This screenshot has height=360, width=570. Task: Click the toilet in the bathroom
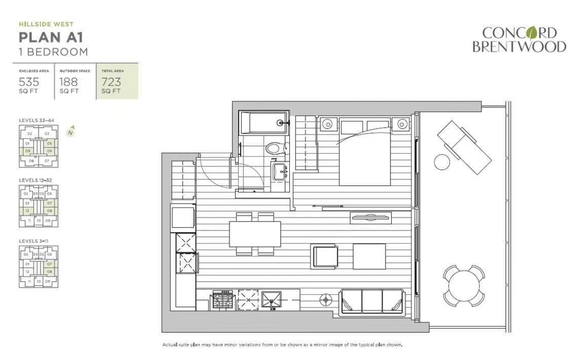[274, 148]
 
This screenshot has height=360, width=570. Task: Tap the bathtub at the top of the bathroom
[263, 123]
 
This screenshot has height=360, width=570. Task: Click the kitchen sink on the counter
[271, 300]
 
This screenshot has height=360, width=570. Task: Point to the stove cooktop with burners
[222, 300]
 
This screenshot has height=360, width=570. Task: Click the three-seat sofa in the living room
[372, 301]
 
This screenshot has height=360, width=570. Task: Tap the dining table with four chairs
[255, 234]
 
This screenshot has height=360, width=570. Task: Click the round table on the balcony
[464, 286]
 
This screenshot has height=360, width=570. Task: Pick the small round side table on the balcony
[442, 162]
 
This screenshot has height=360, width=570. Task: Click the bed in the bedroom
[365, 152]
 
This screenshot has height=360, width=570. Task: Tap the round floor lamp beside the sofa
[326, 300]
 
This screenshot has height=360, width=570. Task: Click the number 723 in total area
[111, 82]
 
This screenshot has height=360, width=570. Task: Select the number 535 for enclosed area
[29, 82]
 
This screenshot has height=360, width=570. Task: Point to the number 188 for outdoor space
[69, 82]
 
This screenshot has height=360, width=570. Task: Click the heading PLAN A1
[51, 37]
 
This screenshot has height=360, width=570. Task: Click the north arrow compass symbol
[71, 131]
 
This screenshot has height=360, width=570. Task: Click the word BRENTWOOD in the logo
[519, 47]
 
